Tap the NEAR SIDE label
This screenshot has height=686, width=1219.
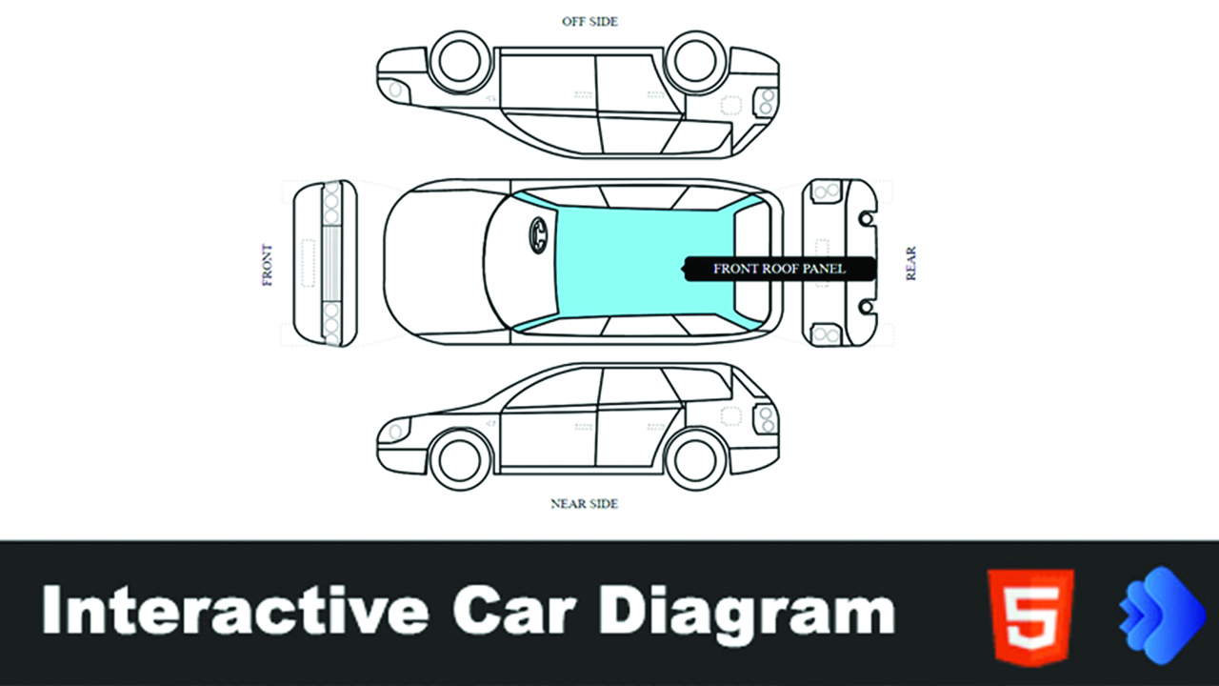pyautogui.click(x=584, y=503)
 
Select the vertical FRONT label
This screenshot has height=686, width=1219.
pyautogui.click(x=267, y=265)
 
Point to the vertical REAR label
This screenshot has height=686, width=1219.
pyautogui.click(x=911, y=263)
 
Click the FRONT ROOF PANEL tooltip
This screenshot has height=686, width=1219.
pyautogui.click(x=779, y=269)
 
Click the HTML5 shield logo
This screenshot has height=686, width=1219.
pyautogui.click(x=1030, y=614)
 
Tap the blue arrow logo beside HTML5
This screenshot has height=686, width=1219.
pyautogui.click(x=1156, y=614)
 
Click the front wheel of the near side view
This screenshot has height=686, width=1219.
pyautogui.click(x=461, y=459)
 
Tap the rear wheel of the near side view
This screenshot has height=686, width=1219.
pyautogui.click(x=696, y=459)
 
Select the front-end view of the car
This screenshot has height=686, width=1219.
pyautogui.click(x=325, y=262)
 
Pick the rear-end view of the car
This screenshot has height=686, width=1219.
pyautogui.click(x=838, y=262)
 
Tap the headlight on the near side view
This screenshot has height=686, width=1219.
pyautogui.click(x=392, y=432)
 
